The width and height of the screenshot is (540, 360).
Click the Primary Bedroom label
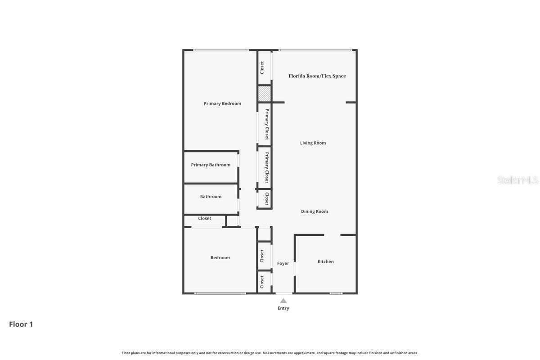222,103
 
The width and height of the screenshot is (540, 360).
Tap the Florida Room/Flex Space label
317,76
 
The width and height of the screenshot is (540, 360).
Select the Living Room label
313,143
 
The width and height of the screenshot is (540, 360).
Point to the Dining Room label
315,211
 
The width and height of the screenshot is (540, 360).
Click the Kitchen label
326,261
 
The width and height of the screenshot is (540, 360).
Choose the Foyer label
283,263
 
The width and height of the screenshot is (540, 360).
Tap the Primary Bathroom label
211,165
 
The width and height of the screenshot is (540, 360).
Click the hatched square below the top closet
264,94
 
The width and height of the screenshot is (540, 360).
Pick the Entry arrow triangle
283,301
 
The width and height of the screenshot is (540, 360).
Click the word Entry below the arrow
283,308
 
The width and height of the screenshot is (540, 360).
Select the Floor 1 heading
21,324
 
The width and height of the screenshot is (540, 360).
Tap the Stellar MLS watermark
517,180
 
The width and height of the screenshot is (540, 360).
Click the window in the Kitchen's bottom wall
336,293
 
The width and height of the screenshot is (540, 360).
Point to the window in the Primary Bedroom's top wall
220,50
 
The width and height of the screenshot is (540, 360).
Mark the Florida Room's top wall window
315,50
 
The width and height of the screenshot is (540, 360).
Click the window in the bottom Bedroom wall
220,293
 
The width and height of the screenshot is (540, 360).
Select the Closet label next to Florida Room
262,67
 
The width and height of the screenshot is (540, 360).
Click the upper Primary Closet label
267,124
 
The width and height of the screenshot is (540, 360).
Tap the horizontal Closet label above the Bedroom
205,218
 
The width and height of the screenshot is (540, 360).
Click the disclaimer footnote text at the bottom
270,353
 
